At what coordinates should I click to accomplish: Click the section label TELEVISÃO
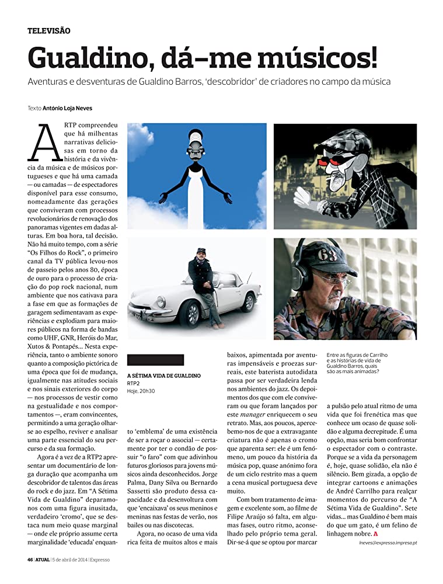point(49,30)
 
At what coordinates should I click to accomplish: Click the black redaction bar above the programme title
point(155,360)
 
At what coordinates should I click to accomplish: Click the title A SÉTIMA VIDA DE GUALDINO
point(163,375)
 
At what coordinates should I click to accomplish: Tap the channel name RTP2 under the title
point(133,383)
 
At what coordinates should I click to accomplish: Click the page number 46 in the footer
point(30,559)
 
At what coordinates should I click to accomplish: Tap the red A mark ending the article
point(376,533)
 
